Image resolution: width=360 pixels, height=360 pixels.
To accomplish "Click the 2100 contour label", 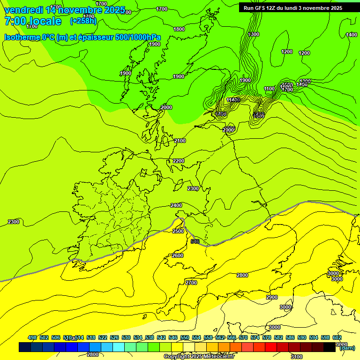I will pos(180,141).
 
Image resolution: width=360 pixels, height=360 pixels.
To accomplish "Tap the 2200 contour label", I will pos(179,161).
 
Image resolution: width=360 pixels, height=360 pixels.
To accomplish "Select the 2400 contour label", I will pos(176,205).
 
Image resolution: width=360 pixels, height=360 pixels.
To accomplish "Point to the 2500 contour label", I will pos(178,231).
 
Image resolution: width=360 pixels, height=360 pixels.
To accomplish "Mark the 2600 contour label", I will pos(178,255).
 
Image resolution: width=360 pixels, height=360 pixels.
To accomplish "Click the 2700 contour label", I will pos(191,283).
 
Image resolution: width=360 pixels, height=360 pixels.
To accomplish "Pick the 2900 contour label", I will pos(272,297).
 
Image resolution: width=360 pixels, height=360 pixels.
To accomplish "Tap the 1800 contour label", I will pos(179,29).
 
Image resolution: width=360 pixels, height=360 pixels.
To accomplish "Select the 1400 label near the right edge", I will pos(352,35).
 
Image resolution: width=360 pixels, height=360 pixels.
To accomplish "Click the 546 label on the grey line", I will pos(195,241).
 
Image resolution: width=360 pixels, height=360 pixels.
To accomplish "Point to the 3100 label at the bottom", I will pos(296,357).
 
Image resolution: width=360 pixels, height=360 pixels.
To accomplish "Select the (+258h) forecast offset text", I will pos(83,21).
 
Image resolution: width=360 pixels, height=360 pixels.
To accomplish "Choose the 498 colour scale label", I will pos(32,337).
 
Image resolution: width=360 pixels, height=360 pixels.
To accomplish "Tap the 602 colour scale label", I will pos(337,337).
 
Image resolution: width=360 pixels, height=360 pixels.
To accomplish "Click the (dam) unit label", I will pos(347,348).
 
